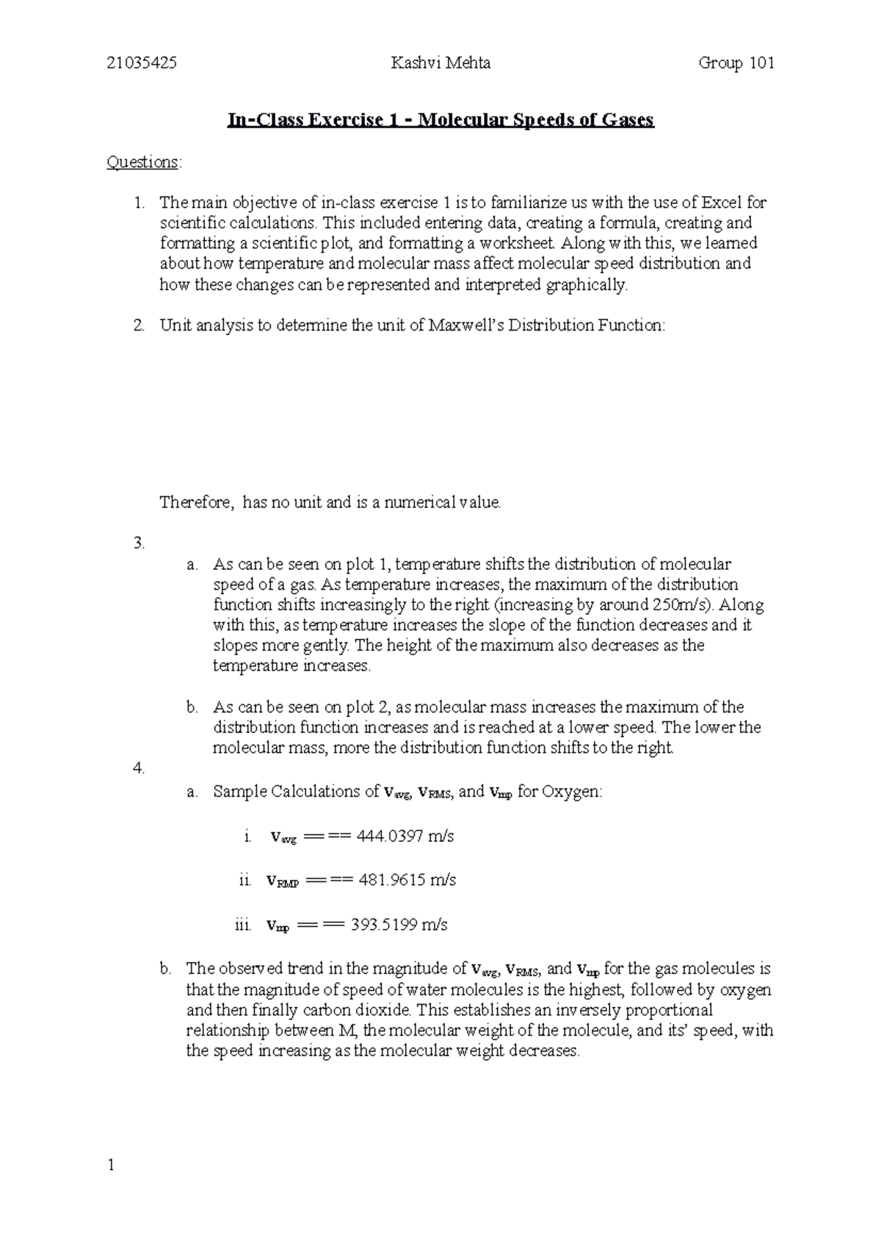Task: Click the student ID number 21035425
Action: (x=141, y=63)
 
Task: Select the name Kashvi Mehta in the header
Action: (x=440, y=63)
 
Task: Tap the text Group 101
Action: (x=736, y=63)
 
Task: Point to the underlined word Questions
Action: (x=142, y=162)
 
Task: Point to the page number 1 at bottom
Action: (x=110, y=1165)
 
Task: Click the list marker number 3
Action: (x=139, y=544)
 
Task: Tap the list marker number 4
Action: (x=139, y=769)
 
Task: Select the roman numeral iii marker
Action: (x=243, y=925)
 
